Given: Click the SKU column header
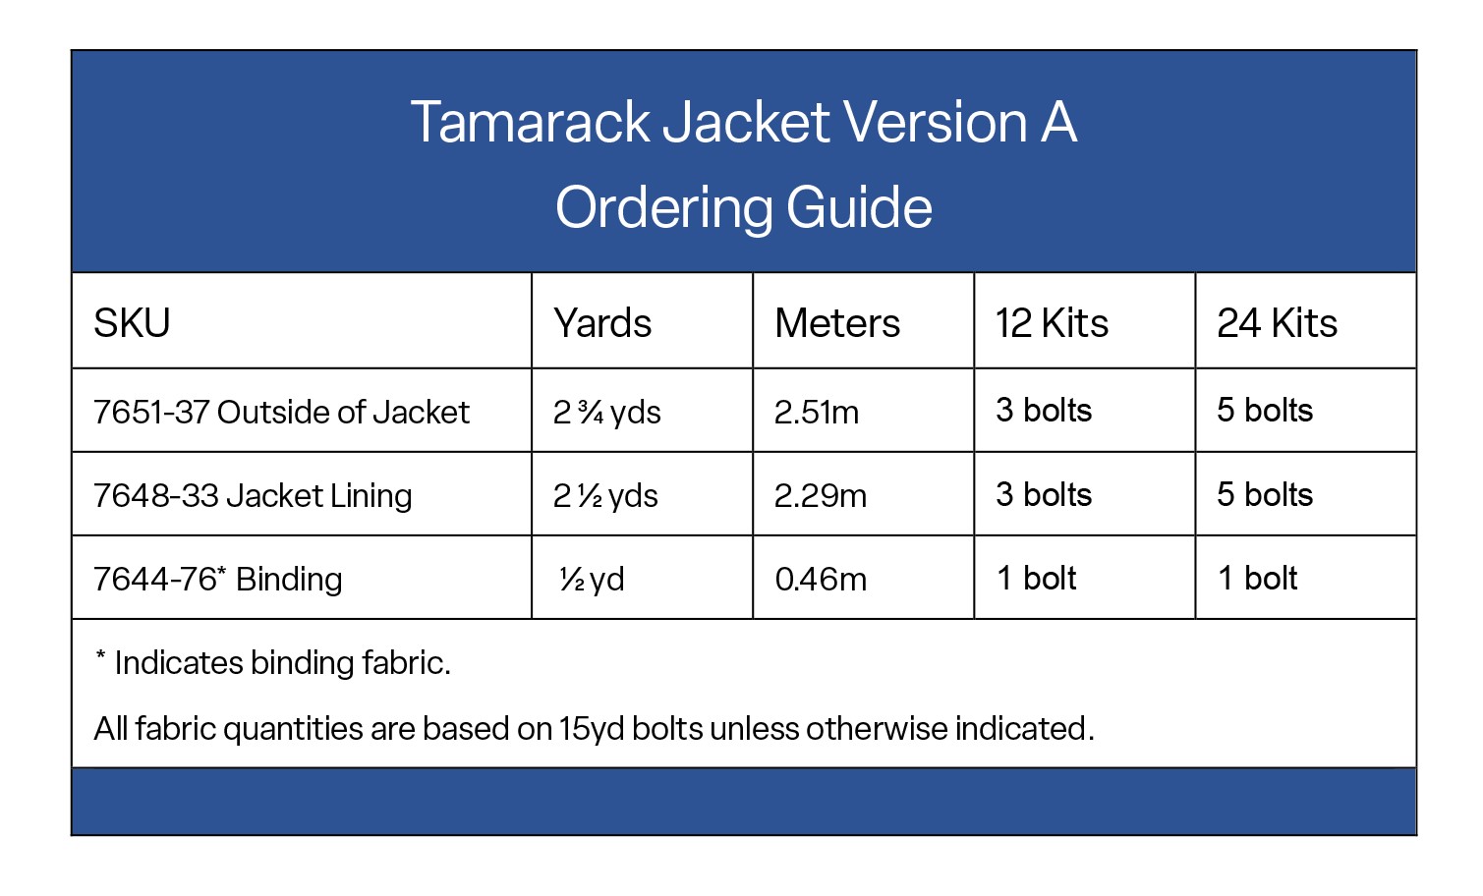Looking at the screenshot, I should click(x=132, y=323).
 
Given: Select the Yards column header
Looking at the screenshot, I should click(x=602, y=323).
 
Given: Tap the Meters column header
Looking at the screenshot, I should click(x=837, y=323).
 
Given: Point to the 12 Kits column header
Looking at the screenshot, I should click(x=1052, y=323).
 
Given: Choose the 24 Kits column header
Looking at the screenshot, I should click(x=1277, y=323).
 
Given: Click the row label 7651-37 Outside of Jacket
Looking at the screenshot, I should click(x=281, y=412).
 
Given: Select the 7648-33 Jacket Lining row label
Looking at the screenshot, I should click(x=253, y=495).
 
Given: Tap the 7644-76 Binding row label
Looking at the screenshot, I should click(x=217, y=579).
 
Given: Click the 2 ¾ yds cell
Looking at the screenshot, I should click(x=606, y=412).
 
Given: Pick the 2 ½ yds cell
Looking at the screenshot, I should click(x=605, y=495).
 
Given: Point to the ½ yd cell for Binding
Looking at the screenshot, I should click(x=592, y=579).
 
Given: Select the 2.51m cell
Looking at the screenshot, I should click(x=817, y=412).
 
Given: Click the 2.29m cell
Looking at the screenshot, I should click(x=821, y=495).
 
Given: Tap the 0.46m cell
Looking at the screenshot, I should click(x=821, y=579).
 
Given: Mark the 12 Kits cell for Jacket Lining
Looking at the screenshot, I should click(x=1044, y=494).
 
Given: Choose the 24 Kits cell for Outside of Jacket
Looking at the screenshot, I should click(x=1265, y=410).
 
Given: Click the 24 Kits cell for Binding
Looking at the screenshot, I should click(x=1257, y=578).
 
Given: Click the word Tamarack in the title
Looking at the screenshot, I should click(x=531, y=123).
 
